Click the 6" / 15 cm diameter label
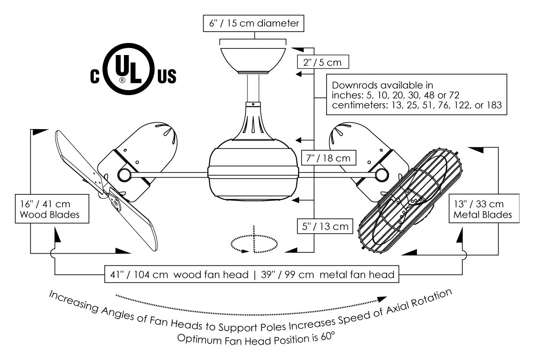click(x=253, y=23)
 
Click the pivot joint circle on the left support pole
click(x=124, y=175)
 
